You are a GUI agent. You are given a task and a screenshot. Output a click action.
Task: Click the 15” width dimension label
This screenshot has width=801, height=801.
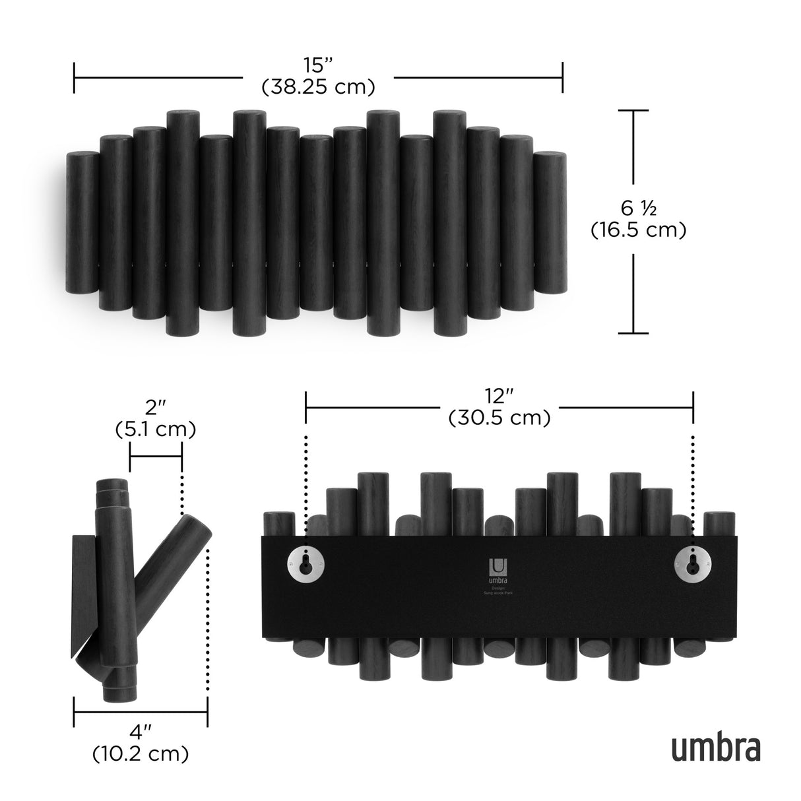(318, 66)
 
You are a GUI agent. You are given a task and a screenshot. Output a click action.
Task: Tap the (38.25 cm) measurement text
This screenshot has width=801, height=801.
(318, 86)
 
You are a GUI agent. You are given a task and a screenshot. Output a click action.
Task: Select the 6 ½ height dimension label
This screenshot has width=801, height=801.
(638, 208)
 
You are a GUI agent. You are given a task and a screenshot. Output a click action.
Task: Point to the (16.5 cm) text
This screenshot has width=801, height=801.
(638, 230)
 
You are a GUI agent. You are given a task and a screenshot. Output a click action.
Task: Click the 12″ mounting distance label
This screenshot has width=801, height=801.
(499, 396)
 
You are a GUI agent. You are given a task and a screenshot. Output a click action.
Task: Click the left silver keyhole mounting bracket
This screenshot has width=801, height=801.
(305, 563)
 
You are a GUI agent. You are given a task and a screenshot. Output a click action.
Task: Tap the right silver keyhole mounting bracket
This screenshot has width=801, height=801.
(692, 563)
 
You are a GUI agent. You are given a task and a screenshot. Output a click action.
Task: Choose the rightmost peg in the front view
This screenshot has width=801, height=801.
(550, 222)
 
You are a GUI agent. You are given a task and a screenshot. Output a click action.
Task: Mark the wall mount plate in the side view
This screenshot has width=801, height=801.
(82, 594)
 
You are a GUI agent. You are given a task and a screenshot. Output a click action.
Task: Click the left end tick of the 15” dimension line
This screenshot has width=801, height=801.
(74, 78)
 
